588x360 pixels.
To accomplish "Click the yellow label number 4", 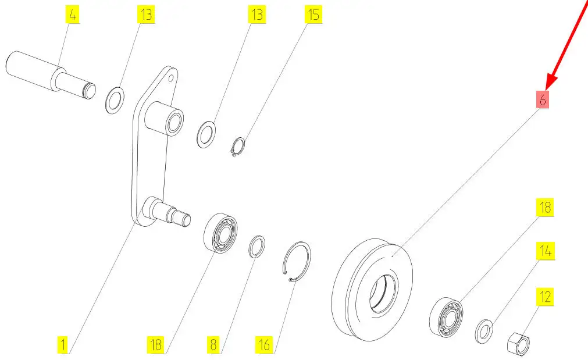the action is tap(72, 15).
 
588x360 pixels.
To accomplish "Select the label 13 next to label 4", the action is tap(146, 15).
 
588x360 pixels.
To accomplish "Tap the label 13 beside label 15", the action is tap(257, 15).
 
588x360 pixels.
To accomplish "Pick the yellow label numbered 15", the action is tap(313, 15).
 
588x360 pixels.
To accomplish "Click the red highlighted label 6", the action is tap(542, 99).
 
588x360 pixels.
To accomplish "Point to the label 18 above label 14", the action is tap(545, 207).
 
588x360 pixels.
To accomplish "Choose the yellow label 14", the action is tap(545, 251).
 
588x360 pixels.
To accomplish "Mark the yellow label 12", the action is tap(545, 297).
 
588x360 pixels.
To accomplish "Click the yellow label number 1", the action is tap(63, 344).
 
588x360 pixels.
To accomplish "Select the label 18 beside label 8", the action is tap(156, 344).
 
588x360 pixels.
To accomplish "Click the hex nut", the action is tap(519, 343).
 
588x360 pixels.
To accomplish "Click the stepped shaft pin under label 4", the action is tap(51, 76).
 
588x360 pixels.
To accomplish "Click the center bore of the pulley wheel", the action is tap(383, 293).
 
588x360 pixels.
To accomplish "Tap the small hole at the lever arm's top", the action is tap(170, 79).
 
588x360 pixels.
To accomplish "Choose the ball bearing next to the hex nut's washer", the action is tap(446, 316).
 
